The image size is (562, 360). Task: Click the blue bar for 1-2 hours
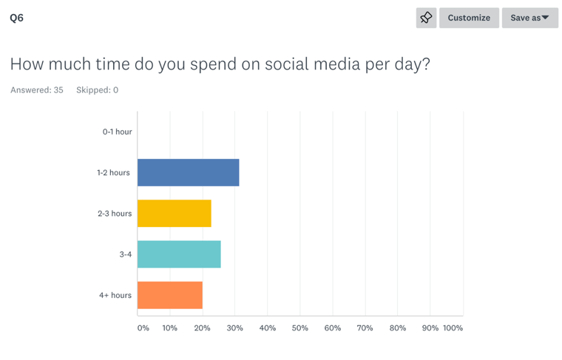[188, 172]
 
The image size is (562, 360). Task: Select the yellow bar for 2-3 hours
[174, 213]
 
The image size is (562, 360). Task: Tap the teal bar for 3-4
[179, 254]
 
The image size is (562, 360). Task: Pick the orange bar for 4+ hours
[169, 295]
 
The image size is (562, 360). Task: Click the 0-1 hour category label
[117, 132]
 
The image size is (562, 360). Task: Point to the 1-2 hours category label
[113, 172]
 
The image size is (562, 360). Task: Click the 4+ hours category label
[115, 295]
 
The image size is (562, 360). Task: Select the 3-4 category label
[125, 254]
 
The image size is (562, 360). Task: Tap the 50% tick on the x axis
[299, 327]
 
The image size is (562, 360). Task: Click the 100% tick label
[453, 327]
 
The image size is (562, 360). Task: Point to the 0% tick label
[143, 327]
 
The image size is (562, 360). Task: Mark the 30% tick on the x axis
[234, 327]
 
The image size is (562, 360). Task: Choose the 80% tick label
[397, 327]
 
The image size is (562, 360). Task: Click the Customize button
[469, 18]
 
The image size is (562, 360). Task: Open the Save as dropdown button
[529, 18]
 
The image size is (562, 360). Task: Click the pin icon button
[426, 18]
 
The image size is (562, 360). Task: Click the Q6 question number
[16, 18]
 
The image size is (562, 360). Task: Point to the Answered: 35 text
[37, 90]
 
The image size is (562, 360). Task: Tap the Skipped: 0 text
[97, 90]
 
